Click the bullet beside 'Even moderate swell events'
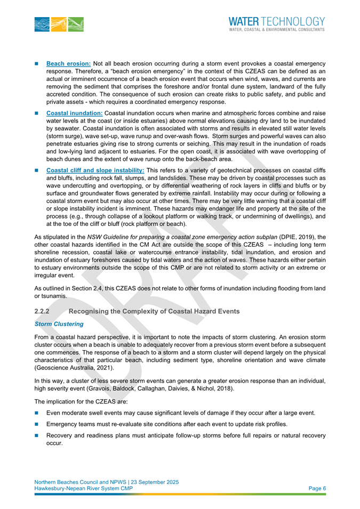[x=38, y=413]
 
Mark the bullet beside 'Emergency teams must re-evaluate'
[x=38, y=424]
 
